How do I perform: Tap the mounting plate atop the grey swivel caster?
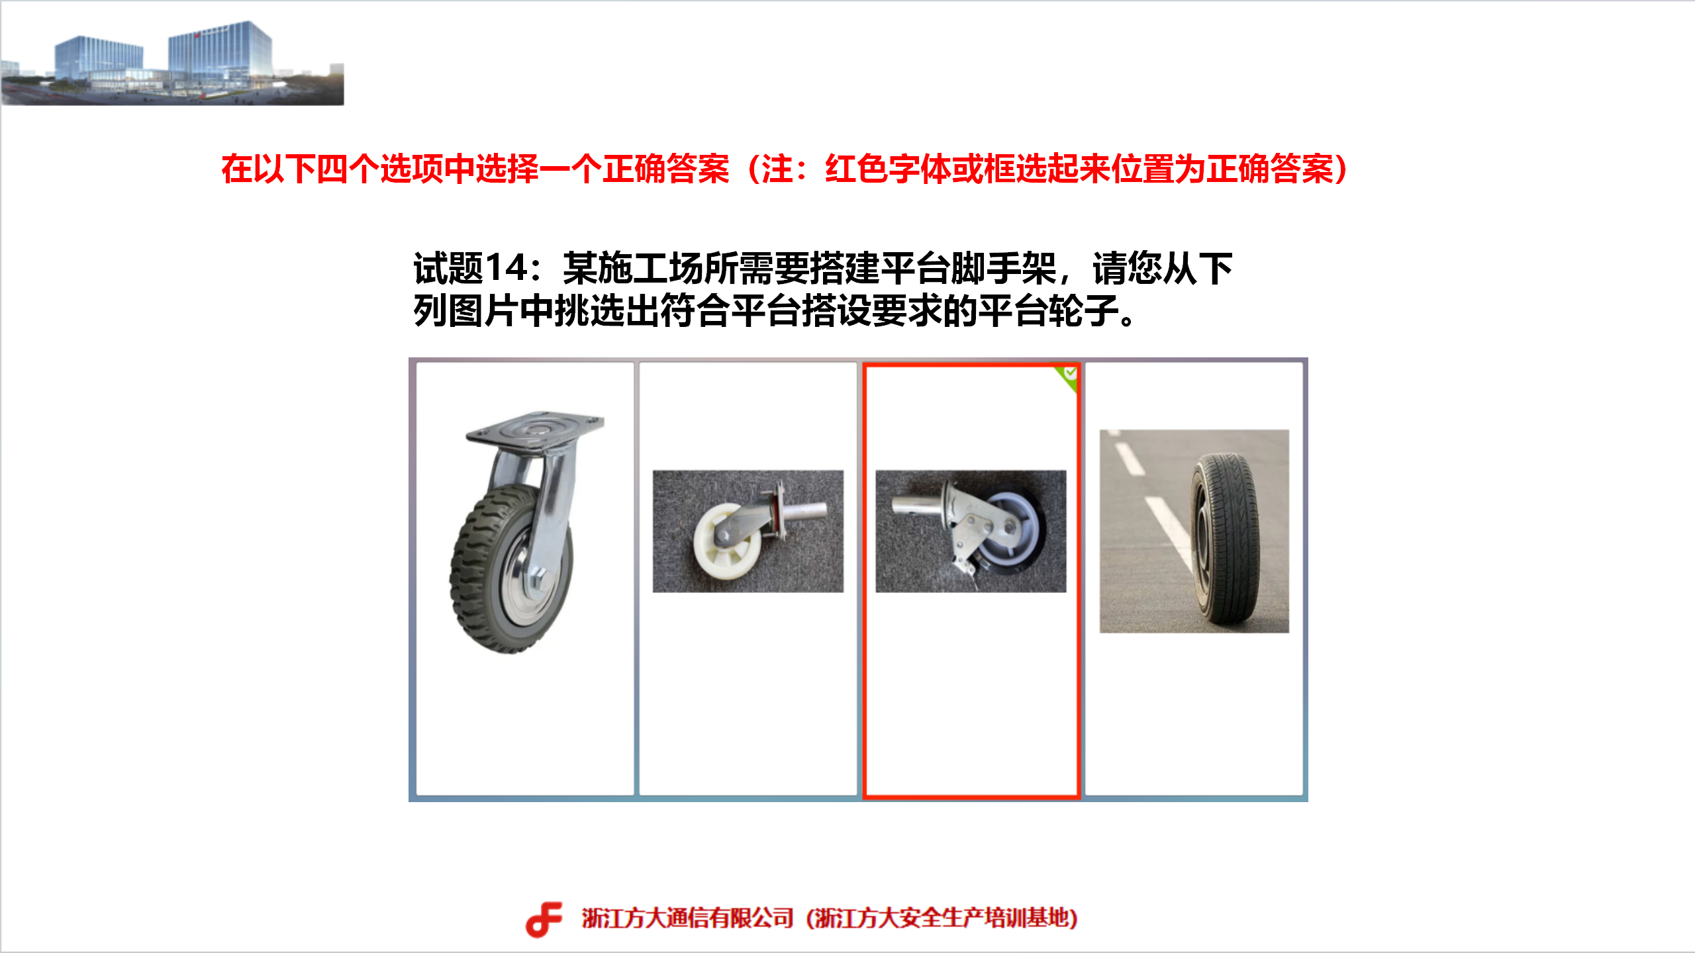click(x=535, y=429)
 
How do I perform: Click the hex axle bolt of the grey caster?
click(x=538, y=578)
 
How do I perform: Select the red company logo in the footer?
click(x=544, y=919)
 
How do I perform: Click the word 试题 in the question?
click(x=449, y=268)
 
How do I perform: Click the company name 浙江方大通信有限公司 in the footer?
click(x=687, y=919)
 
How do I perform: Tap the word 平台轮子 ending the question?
click(x=1048, y=311)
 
